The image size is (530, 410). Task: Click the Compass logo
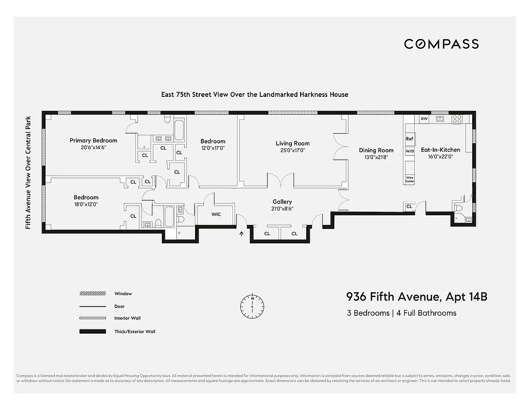pyautogui.click(x=441, y=44)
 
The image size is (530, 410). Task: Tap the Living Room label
pyautogui.click(x=292, y=143)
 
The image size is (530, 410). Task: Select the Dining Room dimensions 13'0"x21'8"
pyautogui.click(x=376, y=157)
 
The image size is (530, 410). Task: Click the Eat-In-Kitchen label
pyautogui.click(x=440, y=150)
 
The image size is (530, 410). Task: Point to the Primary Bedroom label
pyautogui.click(x=93, y=140)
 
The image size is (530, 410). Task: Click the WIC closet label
pyautogui.click(x=216, y=214)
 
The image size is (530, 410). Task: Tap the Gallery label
pyautogui.click(x=282, y=202)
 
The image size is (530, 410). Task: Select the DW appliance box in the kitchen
pyautogui.click(x=423, y=119)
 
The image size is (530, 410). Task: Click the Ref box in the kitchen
pyautogui.click(x=409, y=139)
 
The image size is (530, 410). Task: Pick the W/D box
pyautogui.click(x=409, y=152)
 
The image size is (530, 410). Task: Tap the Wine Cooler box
pyautogui.click(x=409, y=179)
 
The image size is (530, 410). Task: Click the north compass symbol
pyautogui.click(x=252, y=306)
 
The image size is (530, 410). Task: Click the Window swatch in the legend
pyautogui.click(x=92, y=294)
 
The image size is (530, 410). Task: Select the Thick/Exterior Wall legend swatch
pyautogui.click(x=92, y=332)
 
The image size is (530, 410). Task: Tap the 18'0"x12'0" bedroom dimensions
pyautogui.click(x=86, y=204)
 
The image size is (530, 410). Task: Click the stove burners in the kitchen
pyautogui.click(x=457, y=119)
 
